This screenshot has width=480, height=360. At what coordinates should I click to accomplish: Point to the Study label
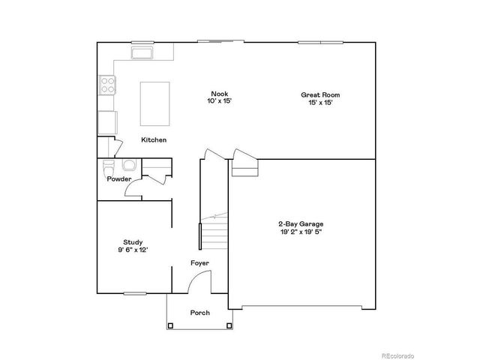point(133,241)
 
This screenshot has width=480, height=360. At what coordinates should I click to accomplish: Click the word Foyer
point(199,262)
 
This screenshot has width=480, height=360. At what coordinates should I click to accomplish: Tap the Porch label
point(199,312)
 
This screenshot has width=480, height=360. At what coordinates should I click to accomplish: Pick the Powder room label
point(119,179)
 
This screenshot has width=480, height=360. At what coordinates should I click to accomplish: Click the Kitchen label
point(154,140)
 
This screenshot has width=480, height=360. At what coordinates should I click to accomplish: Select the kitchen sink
point(142,52)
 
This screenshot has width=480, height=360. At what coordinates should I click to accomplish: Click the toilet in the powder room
point(107,166)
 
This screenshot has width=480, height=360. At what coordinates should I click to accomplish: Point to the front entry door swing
point(197,282)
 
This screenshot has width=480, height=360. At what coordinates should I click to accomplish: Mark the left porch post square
point(170,325)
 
